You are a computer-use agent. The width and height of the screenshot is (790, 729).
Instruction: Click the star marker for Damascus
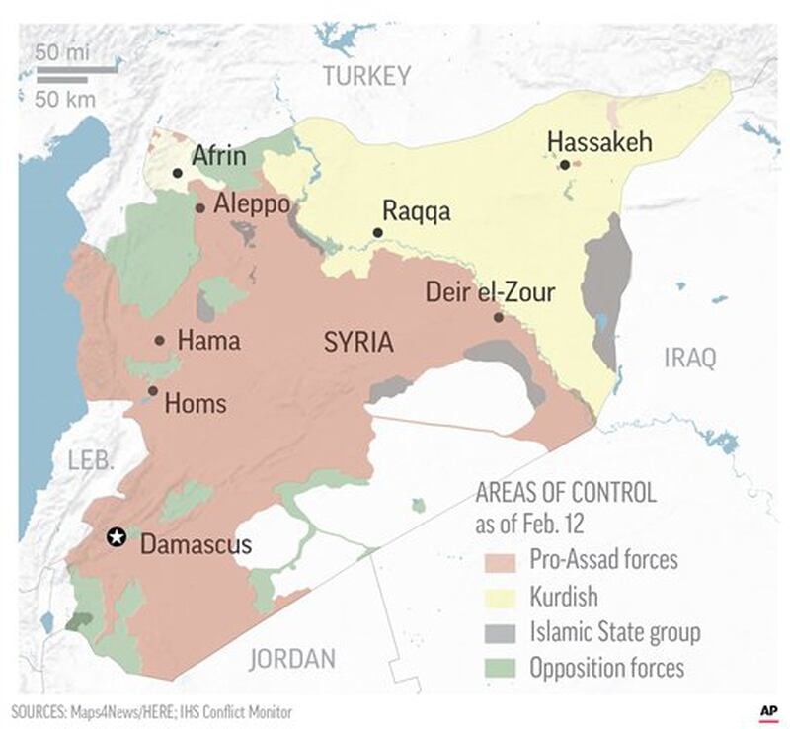pos(117,536)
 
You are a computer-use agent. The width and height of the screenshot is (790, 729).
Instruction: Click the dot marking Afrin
pos(177,173)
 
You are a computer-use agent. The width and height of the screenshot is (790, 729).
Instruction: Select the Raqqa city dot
pos(377,233)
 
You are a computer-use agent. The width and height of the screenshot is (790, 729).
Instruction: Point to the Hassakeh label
pos(599,143)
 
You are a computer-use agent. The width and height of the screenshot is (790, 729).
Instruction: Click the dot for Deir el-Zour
pos(499,317)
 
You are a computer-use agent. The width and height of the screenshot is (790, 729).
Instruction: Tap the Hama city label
pos(208,341)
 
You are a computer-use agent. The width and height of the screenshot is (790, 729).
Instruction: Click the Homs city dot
pos(152,391)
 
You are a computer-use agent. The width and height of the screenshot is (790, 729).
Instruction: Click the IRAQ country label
pos(689,358)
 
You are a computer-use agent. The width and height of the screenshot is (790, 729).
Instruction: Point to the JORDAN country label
pos(291,658)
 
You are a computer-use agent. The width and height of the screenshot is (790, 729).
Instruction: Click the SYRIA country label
pos(358,343)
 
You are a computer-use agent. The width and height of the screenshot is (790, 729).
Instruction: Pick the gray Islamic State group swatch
pos(500,633)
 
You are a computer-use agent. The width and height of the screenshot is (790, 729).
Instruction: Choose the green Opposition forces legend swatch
pos(500,669)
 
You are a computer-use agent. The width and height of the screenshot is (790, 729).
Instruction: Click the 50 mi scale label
pos(63,50)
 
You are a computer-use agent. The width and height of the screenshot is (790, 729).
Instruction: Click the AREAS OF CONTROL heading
pos(566,491)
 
